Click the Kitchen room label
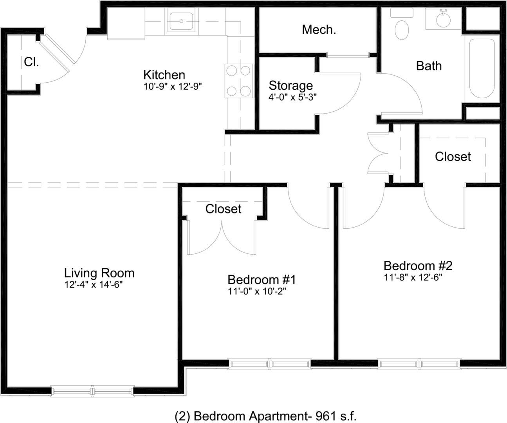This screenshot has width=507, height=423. click(x=164, y=75)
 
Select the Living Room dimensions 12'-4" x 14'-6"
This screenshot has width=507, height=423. click(x=94, y=284)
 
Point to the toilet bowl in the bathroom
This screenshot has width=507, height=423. click(x=402, y=30)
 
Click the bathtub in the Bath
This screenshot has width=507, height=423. click(x=482, y=68)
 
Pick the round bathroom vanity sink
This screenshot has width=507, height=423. click(x=444, y=20)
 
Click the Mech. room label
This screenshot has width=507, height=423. click(x=319, y=30)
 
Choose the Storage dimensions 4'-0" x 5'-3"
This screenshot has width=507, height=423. click(x=292, y=97)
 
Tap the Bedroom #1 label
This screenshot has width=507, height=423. click(x=262, y=280)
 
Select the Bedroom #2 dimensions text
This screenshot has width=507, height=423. click(x=413, y=277)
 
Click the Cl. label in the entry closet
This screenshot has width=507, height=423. click(x=31, y=62)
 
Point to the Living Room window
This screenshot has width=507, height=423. click(x=92, y=391)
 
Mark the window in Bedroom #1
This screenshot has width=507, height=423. click(x=270, y=364)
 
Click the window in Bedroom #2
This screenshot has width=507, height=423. click(x=419, y=364)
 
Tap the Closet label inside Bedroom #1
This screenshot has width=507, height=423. click(x=224, y=209)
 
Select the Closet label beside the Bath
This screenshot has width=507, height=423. click(x=453, y=156)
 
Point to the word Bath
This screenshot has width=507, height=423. click(x=429, y=66)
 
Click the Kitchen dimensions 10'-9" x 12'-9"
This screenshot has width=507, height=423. click(x=173, y=86)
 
